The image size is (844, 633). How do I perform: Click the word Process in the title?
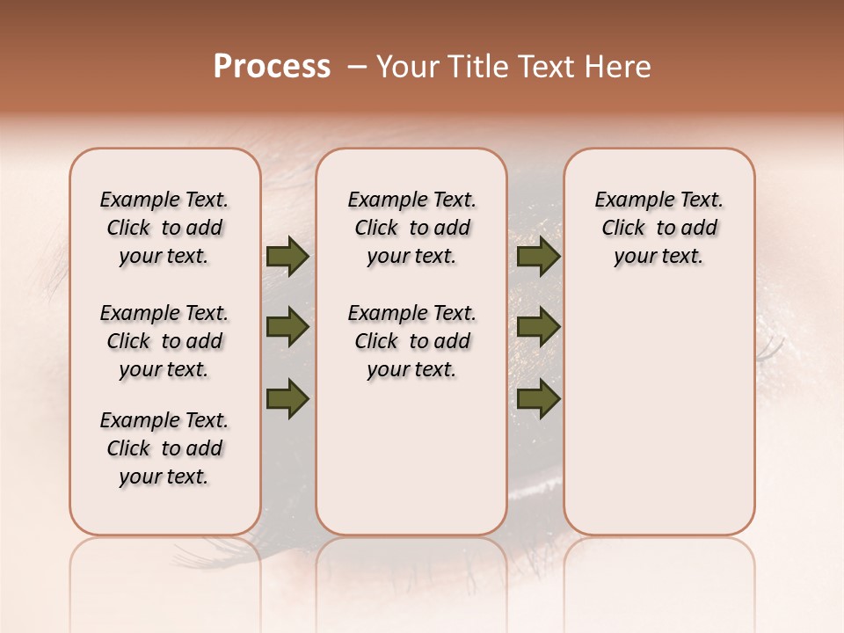(x=272, y=67)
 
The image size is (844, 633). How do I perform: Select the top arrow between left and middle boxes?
(x=287, y=257)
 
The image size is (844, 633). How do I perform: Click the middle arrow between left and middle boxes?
(x=287, y=328)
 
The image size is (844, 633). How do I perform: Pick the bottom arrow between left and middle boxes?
(x=287, y=398)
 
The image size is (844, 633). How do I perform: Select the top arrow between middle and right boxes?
(x=538, y=257)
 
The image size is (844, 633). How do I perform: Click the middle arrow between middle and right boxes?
(x=538, y=328)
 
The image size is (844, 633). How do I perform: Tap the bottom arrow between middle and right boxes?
(x=538, y=398)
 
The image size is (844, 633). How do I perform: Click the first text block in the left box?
(x=164, y=228)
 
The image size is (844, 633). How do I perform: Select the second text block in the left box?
(x=164, y=341)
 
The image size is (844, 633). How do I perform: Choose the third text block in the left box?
(x=164, y=448)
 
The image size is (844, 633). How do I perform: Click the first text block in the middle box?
(x=411, y=228)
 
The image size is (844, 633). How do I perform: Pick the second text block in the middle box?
(x=411, y=341)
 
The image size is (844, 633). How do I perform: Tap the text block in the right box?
(x=658, y=228)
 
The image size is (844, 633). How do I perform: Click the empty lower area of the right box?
(x=658, y=413)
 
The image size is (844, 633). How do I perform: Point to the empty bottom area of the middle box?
(x=411, y=466)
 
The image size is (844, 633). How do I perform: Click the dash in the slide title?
(x=357, y=67)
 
